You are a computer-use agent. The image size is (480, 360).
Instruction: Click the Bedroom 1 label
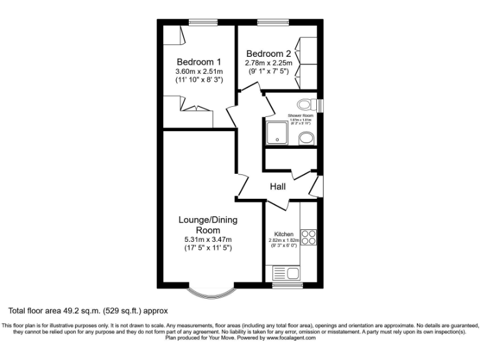[x=199, y=62]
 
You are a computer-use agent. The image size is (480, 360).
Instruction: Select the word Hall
[x=279, y=186]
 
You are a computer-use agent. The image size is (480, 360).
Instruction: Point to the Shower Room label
[x=301, y=116]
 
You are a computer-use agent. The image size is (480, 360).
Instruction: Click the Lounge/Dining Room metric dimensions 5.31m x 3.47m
[x=207, y=239]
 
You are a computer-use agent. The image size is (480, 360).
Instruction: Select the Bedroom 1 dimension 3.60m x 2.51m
[x=199, y=71]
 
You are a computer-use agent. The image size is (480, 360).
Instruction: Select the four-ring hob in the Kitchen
[x=309, y=237]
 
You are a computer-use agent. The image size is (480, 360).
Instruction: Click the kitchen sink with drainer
[x=286, y=273]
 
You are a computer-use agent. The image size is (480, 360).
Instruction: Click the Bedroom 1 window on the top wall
[x=199, y=22]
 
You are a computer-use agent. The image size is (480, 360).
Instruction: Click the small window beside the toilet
[x=319, y=104]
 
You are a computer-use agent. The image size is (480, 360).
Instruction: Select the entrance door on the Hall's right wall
[x=319, y=186]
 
